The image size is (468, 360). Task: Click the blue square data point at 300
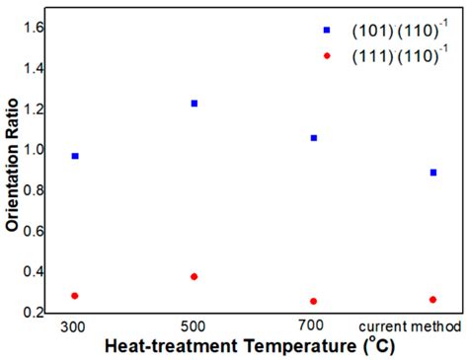click(75, 156)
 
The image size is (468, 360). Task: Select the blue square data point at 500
click(195, 103)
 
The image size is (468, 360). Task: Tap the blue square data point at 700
click(314, 138)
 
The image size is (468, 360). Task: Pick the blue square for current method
click(432, 173)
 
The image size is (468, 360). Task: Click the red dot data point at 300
click(75, 296)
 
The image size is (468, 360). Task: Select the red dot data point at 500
click(195, 277)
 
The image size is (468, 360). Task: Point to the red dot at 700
click(314, 301)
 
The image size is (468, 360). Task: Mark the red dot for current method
click(432, 300)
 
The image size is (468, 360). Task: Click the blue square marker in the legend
click(327, 30)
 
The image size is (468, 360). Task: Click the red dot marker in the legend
click(327, 56)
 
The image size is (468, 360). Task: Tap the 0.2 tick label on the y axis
click(31, 313)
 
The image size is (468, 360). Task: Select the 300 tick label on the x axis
click(75, 326)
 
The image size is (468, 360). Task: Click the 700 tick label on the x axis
click(314, 326)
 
